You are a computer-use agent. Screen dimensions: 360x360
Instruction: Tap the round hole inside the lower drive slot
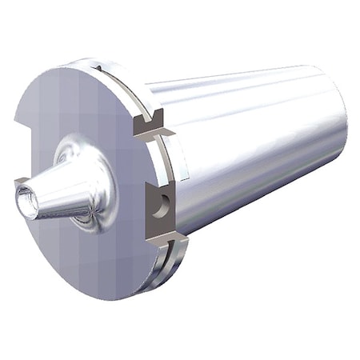pyautogui.click(x=164, y=205)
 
